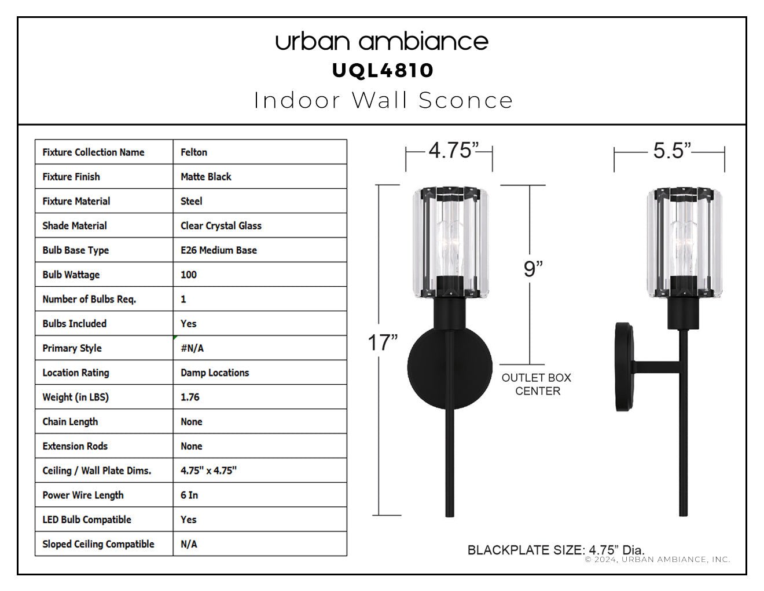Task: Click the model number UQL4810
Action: (383, 71)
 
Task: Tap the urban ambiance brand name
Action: (382, 41)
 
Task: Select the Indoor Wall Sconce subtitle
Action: (383, 100)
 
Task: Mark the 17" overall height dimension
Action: (383, 343)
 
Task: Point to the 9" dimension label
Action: (533, 269)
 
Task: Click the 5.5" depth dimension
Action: (671, 151)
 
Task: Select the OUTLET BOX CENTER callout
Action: (537, 384)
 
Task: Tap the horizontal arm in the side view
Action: (657, 367)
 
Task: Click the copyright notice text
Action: (658, 560)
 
